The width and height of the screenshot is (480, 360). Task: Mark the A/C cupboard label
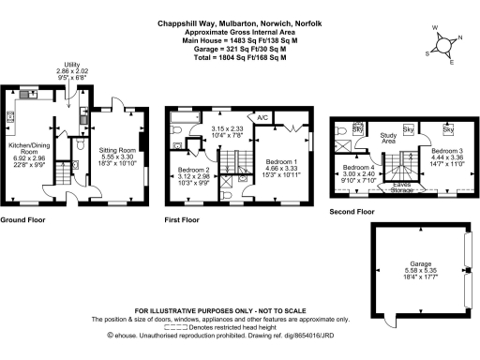click(263, 117)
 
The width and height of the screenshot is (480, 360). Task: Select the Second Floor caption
click(352, 212)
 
